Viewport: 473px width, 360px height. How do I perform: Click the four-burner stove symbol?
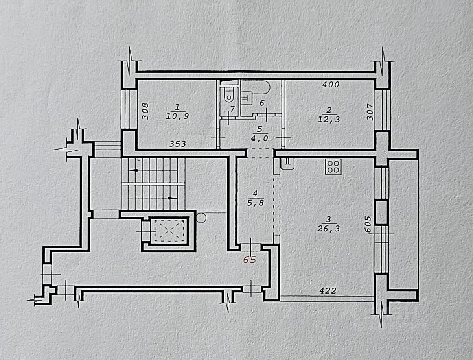coord(333,167)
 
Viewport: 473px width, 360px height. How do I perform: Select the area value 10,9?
coord(177,117)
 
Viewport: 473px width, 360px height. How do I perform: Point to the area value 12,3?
coord(329,119)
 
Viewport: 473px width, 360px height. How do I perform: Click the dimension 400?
coord(331,84)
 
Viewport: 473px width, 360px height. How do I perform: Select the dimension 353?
coord(177,144)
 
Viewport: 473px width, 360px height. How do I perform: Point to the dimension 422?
coord(328,291)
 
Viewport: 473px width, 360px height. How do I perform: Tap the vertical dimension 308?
coord(145,111)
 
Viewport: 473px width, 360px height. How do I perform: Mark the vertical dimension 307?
coord(370,114)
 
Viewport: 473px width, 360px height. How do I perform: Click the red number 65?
coord(250,260)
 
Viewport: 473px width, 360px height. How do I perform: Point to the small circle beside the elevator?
coord(201,217)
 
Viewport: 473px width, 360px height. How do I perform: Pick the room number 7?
coord(232,108)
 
